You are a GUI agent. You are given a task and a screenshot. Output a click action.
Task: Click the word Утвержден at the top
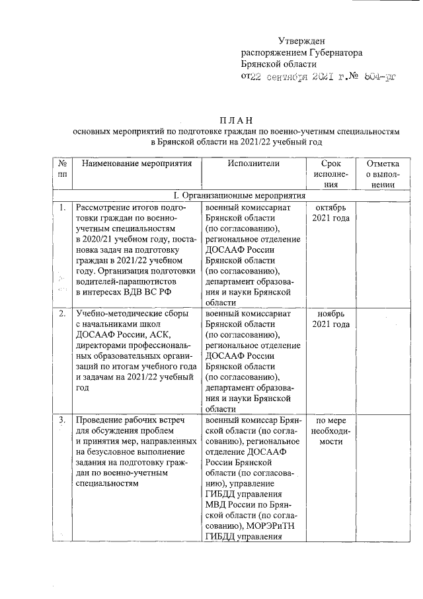[301, 42]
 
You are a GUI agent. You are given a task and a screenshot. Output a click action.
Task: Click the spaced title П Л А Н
[236, 120]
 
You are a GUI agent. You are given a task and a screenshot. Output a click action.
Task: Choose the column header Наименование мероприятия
[136, 163]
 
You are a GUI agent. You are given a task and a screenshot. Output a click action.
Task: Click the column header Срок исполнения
[330, 174]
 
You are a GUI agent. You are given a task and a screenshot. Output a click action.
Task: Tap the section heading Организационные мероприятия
[241, 196]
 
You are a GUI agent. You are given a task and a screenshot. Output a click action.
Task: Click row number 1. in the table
[61, 208]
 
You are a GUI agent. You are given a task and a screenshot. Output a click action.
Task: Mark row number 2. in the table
[61, 313]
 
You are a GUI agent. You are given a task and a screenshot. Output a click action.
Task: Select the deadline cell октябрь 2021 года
[330, 213]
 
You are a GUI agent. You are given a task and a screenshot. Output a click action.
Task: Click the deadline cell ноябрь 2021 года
[330, 318]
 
